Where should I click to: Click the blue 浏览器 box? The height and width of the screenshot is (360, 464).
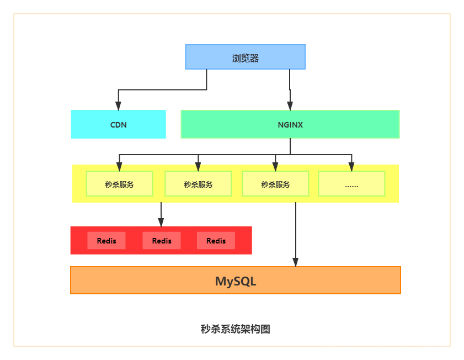[245, 57]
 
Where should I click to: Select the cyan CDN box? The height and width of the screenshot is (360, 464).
[118, 124]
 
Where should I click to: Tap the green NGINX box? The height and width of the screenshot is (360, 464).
[290, 124]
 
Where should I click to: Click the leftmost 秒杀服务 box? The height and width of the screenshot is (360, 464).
[119, 184]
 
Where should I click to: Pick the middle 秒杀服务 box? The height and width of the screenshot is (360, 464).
[198, 184]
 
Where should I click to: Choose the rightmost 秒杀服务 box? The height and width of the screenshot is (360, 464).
[275, 184]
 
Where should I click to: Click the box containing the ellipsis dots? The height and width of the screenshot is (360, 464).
[351, 184]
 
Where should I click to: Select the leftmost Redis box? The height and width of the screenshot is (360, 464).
[106, 241]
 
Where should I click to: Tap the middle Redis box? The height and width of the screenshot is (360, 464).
[162, 241]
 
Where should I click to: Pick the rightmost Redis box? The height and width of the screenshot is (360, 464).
[216, 241]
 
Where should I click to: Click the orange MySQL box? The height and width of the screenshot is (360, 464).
[236, 280]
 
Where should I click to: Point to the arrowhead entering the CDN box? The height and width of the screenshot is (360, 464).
[118, 105]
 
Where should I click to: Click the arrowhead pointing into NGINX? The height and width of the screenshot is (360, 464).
[290, 105]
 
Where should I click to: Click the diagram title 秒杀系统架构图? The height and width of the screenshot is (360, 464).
[235, 329]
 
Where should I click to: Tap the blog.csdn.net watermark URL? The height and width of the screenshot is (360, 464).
[391, 350]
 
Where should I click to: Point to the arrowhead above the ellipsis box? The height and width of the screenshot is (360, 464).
[351, 167]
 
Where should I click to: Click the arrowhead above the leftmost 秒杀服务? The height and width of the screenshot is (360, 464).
[119, 167]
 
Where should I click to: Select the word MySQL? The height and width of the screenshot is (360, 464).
[236, 281]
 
